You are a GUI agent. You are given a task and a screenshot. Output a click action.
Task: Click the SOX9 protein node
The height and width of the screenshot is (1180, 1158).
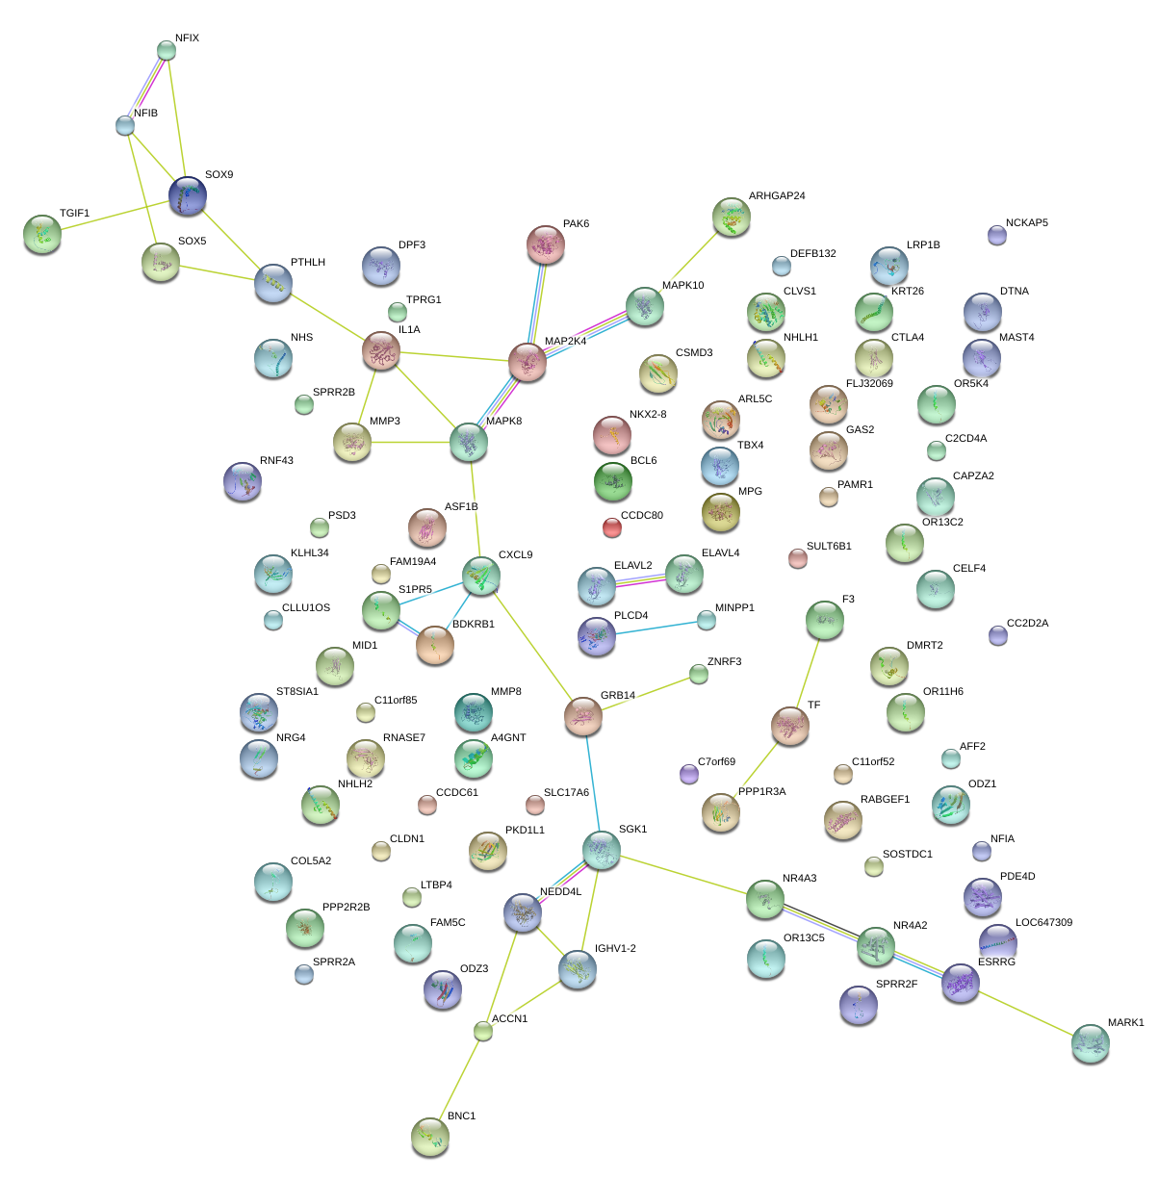point(187,195)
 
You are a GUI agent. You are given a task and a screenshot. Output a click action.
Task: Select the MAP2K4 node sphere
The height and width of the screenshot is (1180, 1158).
point(528,361)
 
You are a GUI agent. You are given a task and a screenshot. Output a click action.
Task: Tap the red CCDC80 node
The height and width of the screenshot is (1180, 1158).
point(612,526)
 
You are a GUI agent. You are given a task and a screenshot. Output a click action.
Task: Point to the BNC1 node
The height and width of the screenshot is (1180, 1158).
point(430,1137)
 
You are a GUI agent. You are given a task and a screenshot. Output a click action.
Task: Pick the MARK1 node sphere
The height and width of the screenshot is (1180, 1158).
point(1090,1043)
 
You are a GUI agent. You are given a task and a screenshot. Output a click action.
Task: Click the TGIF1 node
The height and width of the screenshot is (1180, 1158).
point(41,234)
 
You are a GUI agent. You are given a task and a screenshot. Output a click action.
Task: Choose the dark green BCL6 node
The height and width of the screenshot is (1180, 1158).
point(613,481)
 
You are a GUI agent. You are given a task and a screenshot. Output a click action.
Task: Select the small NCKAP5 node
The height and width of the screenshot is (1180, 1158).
point(997,234)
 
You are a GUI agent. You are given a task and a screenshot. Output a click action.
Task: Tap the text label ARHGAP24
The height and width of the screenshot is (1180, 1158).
point(777,196)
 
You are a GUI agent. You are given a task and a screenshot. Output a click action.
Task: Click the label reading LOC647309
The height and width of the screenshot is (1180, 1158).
point(1043,923)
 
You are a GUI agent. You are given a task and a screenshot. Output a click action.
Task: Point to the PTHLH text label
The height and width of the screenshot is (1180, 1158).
point(308,263)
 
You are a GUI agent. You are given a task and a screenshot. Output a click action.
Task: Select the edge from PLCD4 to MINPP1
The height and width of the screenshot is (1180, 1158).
point(652,628)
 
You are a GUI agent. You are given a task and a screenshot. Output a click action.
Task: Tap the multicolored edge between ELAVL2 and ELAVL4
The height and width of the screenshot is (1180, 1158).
point(639,579)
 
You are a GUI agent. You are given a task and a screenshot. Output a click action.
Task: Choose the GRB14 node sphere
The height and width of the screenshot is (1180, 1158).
point(582,716)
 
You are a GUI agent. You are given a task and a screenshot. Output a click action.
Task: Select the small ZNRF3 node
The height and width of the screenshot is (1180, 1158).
point(699,675)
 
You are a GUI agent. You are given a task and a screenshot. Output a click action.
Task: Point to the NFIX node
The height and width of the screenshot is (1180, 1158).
point(167,50)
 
